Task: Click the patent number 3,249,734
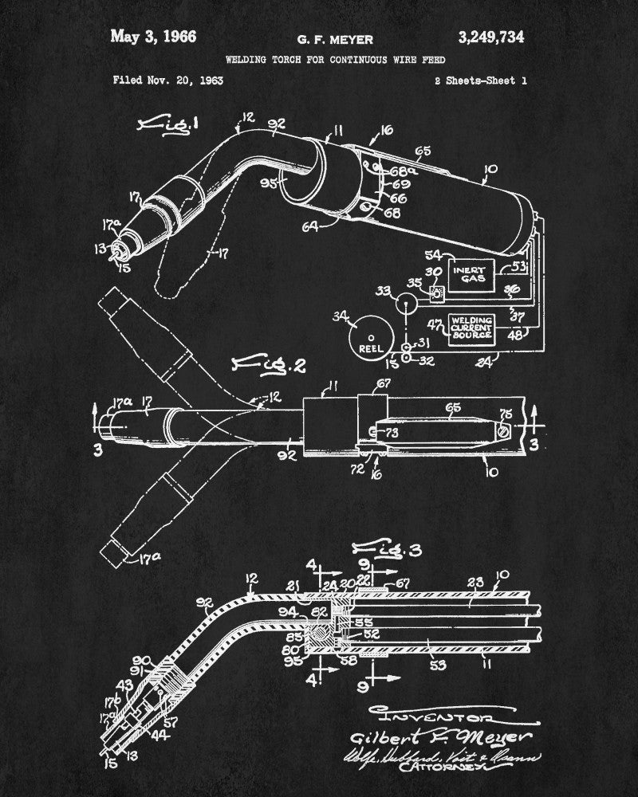coord(491,37)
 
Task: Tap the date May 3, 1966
coord(153,37)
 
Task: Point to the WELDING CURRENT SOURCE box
coord(471,328)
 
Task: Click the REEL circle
coord(373,339)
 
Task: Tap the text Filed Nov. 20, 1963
coord(167,80)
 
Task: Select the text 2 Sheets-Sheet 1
coord(480,80)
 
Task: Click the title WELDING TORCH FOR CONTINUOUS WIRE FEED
coord(335,60)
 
